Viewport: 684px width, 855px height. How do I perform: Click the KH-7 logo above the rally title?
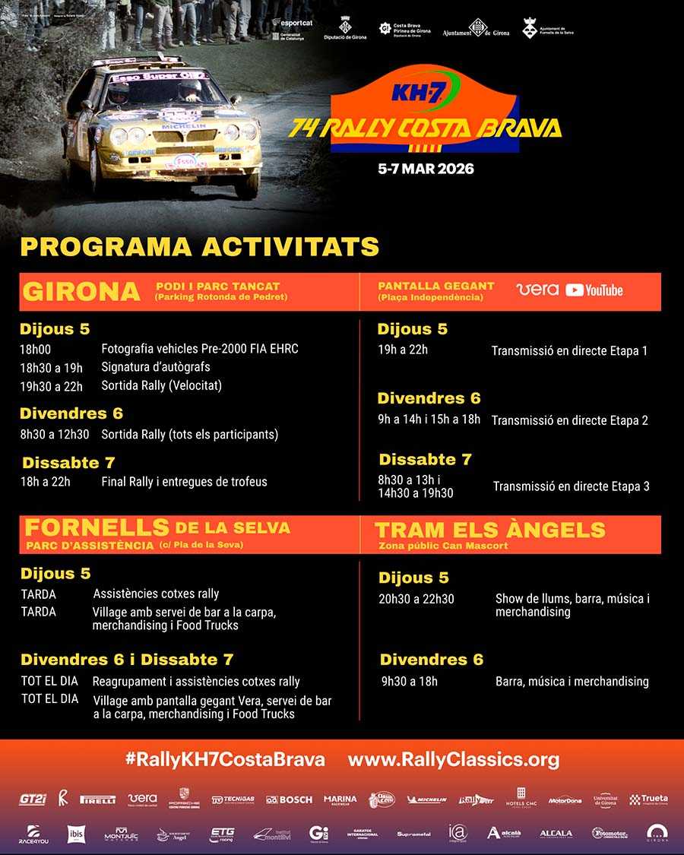point(415,91)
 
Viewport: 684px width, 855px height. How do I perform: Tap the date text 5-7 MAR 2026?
point(426,169)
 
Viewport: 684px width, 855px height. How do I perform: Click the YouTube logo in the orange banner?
point(594,290)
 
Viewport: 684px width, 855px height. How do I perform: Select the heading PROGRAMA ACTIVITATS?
point(199,247)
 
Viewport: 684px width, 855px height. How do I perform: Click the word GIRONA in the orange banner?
point(82,292)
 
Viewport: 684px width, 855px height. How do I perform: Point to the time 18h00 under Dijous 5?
point(36,349)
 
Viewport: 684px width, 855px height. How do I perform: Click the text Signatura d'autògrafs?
point(156,367)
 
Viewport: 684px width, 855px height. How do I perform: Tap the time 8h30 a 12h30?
point(55,435)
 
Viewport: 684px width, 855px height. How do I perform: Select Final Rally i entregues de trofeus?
point(184,481)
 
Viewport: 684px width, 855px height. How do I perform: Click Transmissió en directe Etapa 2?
point(569,420)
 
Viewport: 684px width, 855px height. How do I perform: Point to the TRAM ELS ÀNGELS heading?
point(490,530)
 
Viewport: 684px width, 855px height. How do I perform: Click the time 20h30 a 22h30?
point(416,599)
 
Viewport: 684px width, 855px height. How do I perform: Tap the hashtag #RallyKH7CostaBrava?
point(224,759)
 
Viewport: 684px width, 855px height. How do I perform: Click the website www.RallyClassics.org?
point(454,759)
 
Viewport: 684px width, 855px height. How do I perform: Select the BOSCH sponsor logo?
point(289,800)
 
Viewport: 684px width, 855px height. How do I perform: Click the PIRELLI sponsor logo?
point(98,800)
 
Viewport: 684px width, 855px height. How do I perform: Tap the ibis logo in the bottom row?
point(76,834)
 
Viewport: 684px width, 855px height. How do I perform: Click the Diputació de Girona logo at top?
point(344,30)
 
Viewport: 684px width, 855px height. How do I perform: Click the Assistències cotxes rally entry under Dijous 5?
point(156,594)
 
